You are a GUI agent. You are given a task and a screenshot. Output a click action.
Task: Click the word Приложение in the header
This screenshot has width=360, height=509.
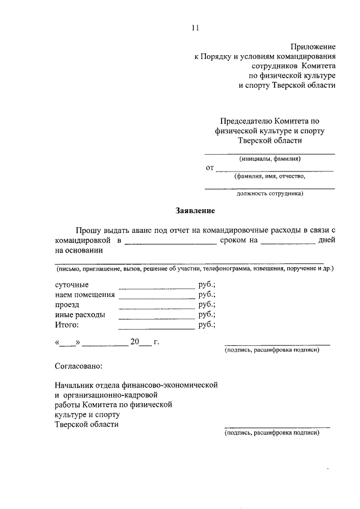(313, 46)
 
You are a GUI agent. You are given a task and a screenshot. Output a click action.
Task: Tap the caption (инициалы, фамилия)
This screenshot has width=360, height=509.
(269, 159)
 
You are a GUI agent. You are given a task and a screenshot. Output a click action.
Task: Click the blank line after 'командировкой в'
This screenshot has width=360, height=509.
(170, 244)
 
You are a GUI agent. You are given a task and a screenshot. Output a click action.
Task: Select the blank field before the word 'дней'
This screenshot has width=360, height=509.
(288, 244)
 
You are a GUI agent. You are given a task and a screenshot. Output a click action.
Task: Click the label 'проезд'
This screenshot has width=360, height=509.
(67, 304)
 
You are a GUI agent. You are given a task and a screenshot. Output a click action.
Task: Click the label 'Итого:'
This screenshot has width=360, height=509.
(67, 325)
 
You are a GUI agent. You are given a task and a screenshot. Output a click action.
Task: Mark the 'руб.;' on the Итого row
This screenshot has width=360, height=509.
(207, 325)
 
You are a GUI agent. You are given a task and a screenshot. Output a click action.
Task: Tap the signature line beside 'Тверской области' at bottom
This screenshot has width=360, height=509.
(277, 427)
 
